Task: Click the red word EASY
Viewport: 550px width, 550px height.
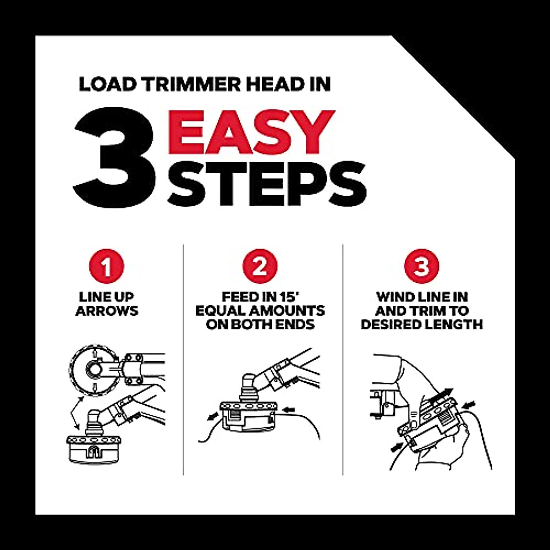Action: tap(251, 132)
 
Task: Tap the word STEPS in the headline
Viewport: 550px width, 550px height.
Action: tap(267, 183)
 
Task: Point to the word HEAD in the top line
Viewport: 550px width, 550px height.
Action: tap(266, 84)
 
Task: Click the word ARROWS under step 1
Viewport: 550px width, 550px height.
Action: tap(107, 311)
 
